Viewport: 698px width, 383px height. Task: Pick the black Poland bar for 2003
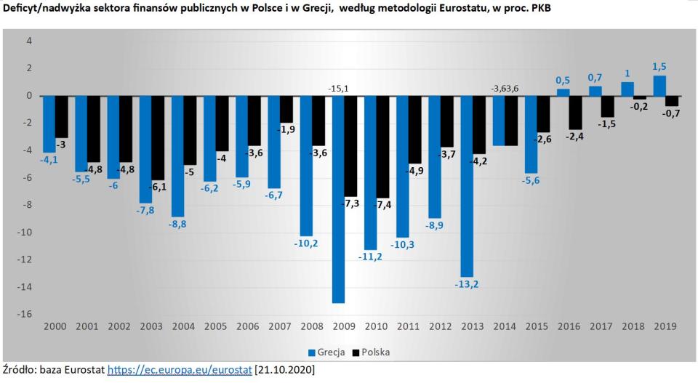[159, 137]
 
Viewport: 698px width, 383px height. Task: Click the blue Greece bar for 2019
[659, 86]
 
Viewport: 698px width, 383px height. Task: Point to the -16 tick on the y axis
[25, 314]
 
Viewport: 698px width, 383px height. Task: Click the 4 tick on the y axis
[29, 41]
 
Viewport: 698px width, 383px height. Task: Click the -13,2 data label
[467, 284]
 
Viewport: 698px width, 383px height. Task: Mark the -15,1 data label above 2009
[339, 89]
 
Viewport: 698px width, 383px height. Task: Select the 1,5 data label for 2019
[659, 66]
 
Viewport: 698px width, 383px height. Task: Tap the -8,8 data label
[177, 225]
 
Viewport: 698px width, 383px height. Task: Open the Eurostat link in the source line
[180, 370]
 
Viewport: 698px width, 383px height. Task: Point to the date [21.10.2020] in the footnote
[285, 370]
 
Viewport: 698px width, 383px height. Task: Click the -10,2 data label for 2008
[305, 243]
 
